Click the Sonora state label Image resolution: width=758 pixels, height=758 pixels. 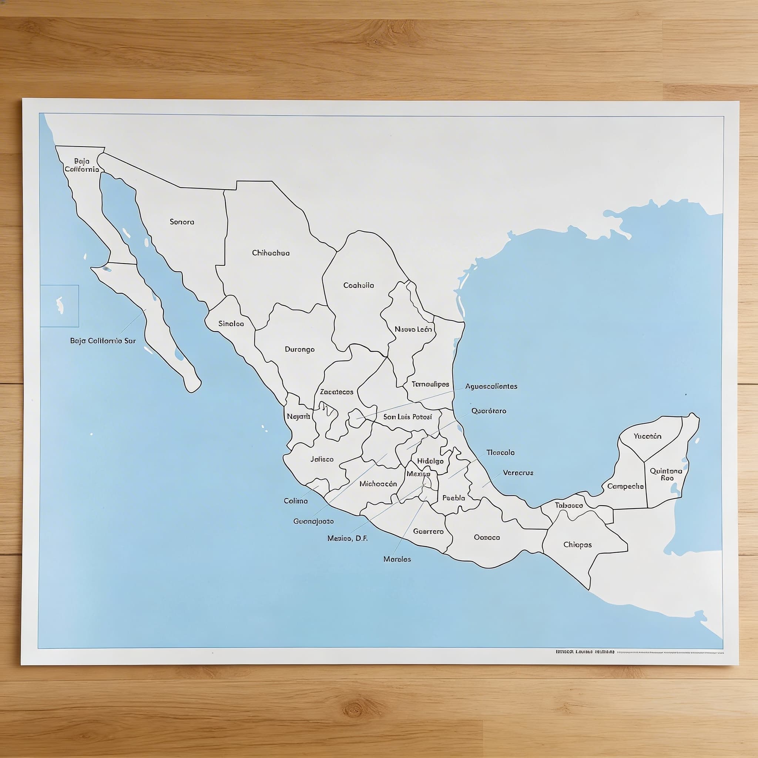(182, 222)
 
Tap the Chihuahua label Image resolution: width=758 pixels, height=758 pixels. (271, 253)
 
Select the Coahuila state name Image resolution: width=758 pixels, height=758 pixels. (359, 286)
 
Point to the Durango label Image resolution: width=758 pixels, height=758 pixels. (300, 349)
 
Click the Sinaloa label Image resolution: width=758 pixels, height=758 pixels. (231, 324)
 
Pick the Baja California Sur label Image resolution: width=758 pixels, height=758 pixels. (103, 341)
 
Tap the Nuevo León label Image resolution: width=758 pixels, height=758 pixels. (413, 329)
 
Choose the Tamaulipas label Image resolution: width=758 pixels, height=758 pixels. (430, 385)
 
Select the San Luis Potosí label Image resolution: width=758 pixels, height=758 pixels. (407, 417)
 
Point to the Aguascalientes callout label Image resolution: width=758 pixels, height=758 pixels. (491, 386)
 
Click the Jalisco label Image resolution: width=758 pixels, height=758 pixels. (322, 459)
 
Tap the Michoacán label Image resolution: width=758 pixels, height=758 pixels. (378, 484)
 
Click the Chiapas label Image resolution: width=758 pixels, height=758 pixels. (577, 544)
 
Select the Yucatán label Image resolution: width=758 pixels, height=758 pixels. (647, 436)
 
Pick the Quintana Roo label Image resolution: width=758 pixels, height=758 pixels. (666, 474)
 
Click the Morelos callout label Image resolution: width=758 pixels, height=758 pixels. (397, 559)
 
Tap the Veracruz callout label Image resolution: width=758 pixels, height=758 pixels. (518, 473)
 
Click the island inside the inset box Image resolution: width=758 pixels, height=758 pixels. (60, 306)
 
